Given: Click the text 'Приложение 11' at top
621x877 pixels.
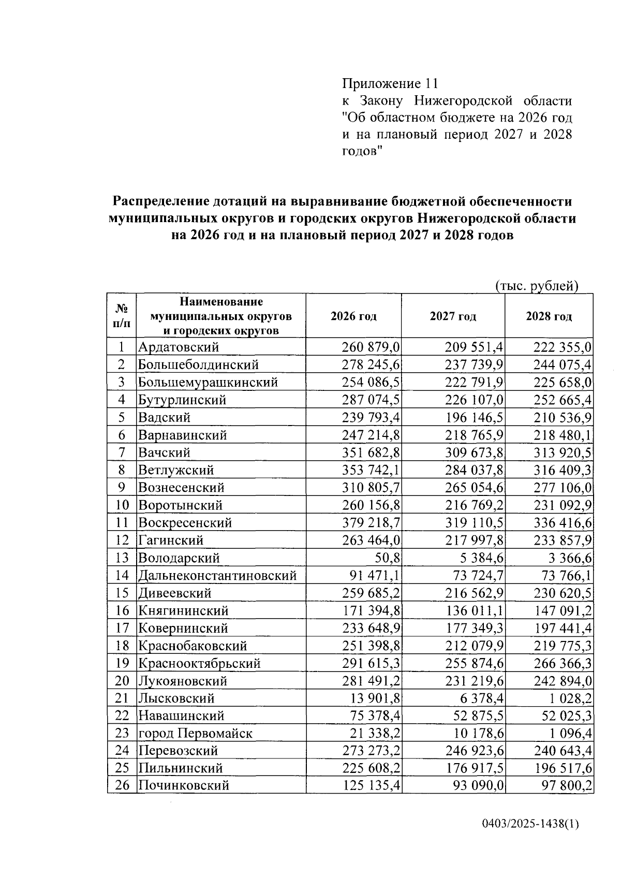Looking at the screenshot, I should (x=390, y=83).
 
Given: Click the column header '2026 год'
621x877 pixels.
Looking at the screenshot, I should (x=353, y=316).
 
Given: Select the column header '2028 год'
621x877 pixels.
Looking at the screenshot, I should (x=549, y=316).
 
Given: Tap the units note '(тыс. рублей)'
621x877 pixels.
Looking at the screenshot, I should (x=536, y=286).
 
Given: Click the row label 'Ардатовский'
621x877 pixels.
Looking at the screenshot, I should (x=179, y=347).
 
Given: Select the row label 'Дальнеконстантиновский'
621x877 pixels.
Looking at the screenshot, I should (x=217, y=576).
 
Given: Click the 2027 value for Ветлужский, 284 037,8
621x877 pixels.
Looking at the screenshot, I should (x=474, y=470).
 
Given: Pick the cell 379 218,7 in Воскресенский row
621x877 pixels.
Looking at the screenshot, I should (x=371, y=523).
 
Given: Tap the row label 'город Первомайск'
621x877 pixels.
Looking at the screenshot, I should (x=195, y=734).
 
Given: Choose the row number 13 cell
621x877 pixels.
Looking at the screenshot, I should (x=122, y=558).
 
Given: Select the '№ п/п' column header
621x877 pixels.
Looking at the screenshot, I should (x=122, y=316).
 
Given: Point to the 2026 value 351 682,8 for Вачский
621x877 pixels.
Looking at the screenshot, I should (x=371, y=452).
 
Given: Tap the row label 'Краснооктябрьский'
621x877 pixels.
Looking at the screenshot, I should (x=199, y=664).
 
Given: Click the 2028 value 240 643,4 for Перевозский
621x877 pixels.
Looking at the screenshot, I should (x=563, y=751).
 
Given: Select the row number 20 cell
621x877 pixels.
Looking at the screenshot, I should (x=122, y=681).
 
